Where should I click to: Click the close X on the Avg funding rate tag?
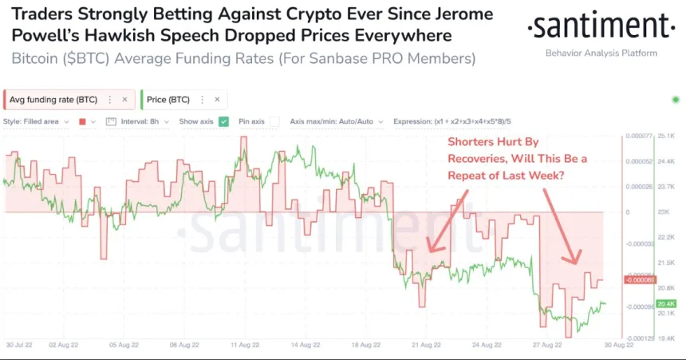tap(124, 100)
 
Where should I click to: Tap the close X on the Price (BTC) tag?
tap(218, 100)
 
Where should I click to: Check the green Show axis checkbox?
tap(224, 121)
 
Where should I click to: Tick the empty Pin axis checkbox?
tap(274, 121)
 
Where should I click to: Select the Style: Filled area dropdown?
tap(36, 121)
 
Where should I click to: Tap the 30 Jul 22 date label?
tap(19, 346)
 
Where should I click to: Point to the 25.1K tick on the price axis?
tap(667, 136)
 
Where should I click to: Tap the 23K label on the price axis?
tap(662, 212)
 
